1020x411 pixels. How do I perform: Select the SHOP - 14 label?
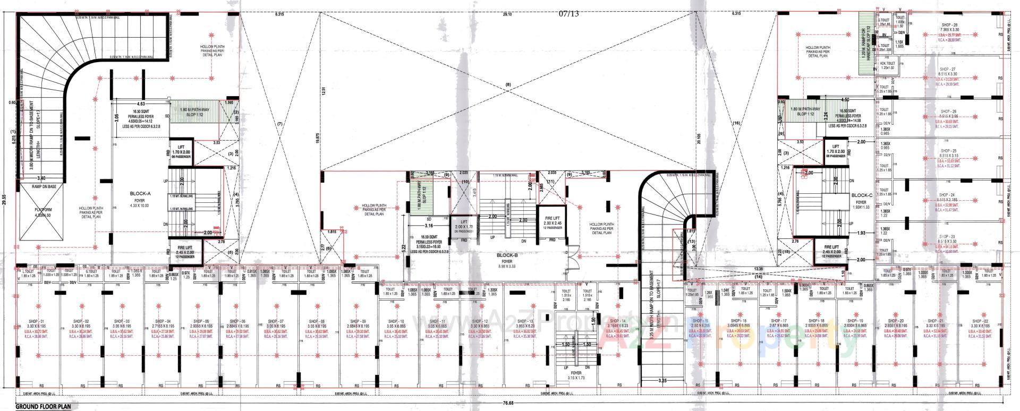(x=617, y=322)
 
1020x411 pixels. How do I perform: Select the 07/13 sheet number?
(x=569, y=14)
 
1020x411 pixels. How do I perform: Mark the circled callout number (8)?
(x=507, y=85)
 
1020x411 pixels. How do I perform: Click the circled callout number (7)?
(x=280, y=124)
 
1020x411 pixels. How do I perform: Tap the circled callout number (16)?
(x=736, y=123)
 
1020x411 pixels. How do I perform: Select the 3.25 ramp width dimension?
(x=662, y=381)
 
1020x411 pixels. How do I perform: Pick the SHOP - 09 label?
(x=356, y=322)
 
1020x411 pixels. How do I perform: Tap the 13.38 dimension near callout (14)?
(x=758, y=269)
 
